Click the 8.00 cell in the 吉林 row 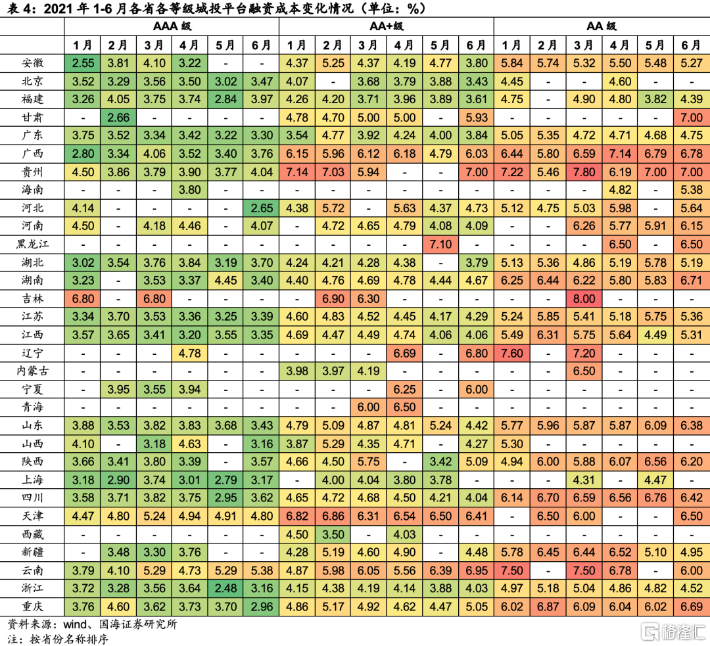(x=583, y=298)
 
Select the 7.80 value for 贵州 (x=583, y=172)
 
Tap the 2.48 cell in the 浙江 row (x=225, y=588)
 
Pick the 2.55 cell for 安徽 (x=82, y=64)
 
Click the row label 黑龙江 (x=32, y=244)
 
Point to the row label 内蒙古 (x=32, y=371)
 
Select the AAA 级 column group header (x=172, y=27)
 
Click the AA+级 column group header (x=386, y=27)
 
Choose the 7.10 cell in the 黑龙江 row (x=440, y=244)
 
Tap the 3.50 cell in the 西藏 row (x=333, y=534)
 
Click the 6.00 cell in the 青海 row (x=368, y=407)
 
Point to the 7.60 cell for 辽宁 (x=511, y=353)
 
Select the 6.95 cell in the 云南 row (x=475, y=570)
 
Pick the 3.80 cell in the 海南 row (x=189, y=190)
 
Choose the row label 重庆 (x=32, y=606)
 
